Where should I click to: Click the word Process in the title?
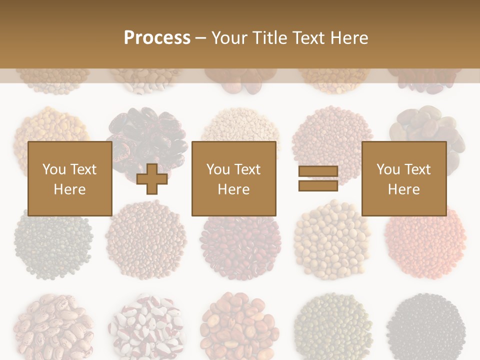pyautogui.click(x=157, y=38)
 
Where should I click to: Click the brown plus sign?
pyautogui.click(x=152, y=178)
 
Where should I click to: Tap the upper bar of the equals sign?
pyautogui.click(x=318, y=171)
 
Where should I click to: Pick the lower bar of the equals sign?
pyautogui.click(x=318, y=185)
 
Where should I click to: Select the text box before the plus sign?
pyautogui.click(x=69, y=178)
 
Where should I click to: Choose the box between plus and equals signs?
pyautogui.click(x=233, y=178)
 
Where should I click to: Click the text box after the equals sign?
pyautogui.click(x=403, y=178)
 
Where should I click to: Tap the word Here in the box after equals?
pyautogui.click(x=403, y=189)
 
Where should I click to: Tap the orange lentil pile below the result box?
pyautogui.click(x=425, y=240)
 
